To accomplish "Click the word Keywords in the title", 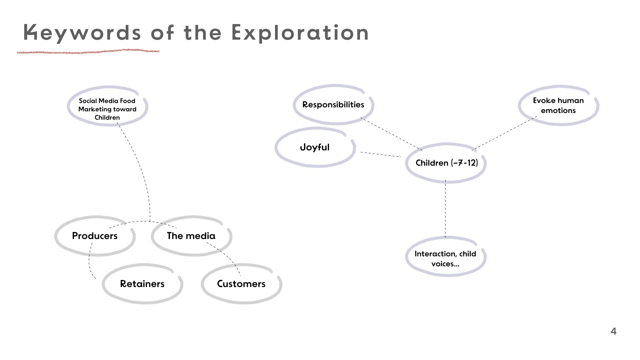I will (x=82, y=33).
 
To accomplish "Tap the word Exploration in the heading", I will (x=300, y=33).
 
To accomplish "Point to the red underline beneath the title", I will (x=88, y=52).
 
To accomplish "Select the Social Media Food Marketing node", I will (x=107, y=109).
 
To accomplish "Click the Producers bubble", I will (x=95, y=236).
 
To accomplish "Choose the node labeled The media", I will (x=191, y=236).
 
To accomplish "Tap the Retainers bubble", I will (x=142, y=284).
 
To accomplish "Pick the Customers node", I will (x=241, y=284).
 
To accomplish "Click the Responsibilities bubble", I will (x=333, y=105).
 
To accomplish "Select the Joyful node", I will (x=315, y=147).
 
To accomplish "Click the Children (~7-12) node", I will (x=446, y=163).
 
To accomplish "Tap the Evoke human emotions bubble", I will (x=558, y=105).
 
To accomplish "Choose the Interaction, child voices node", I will (x=445, y=259).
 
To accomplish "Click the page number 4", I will (x=613, y=331).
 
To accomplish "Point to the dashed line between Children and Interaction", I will (x=445, y=210).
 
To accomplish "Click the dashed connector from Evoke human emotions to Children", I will (x=505, y=133).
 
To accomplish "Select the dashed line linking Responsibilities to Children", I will (x=392, y=134).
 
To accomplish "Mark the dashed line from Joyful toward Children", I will (x=381, y=154).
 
